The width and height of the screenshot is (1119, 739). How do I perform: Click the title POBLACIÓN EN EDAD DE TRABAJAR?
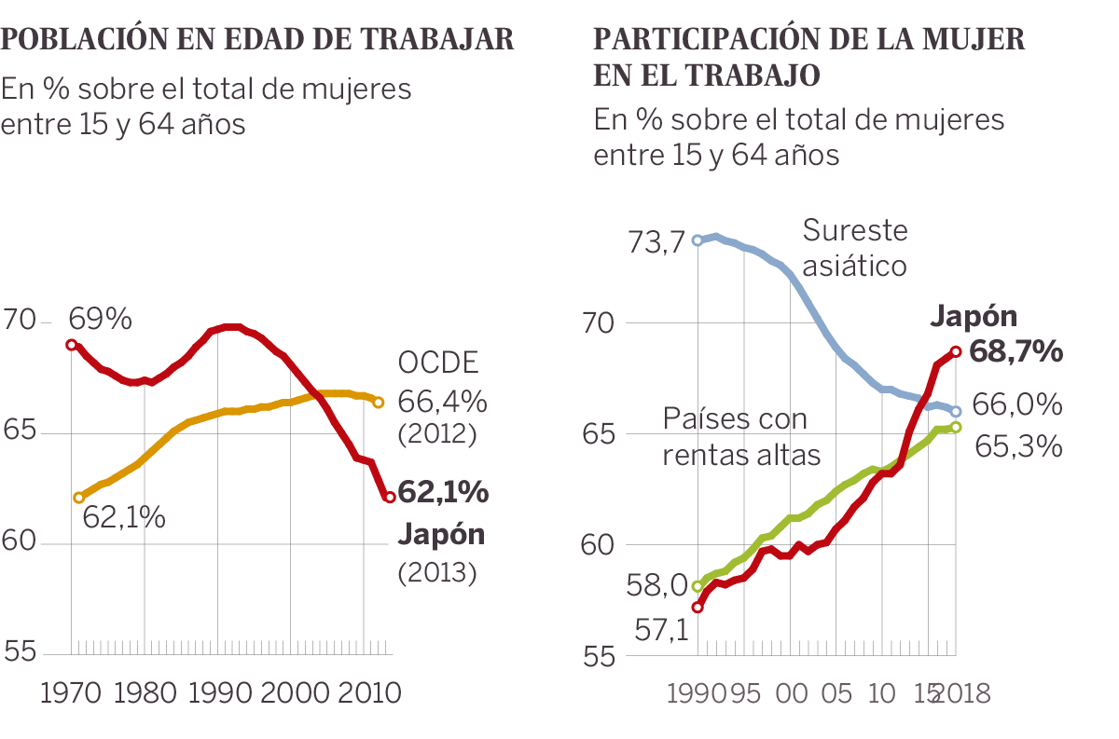(x=257, y=39)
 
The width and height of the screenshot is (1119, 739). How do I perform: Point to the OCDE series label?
(x=437, y=363)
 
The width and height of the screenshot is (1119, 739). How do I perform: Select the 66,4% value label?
(x=442, y=402)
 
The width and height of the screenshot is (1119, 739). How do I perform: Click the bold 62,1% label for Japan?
(x=443, y=491)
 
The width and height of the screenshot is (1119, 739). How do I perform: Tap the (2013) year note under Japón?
(x=437, y=573)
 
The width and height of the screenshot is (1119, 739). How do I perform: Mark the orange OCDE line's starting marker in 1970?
(x=78, y=498)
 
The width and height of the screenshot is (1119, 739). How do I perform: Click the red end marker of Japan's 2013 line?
(x=389, y=497)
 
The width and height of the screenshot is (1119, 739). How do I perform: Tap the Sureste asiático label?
(x=854, y=248)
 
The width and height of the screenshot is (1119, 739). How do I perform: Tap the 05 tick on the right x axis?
(x=836, y=694)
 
